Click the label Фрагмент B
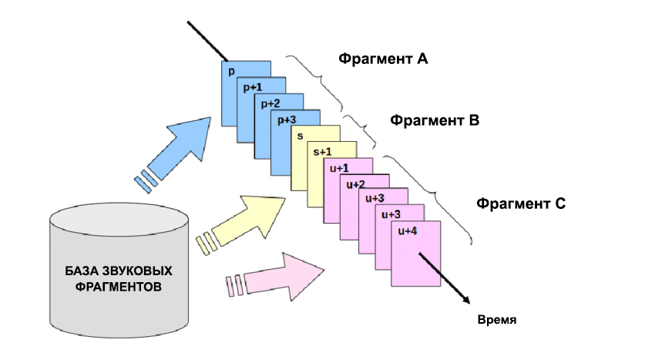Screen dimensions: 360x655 pyautogui.click(x=435, y=121)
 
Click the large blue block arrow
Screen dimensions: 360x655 pyautogui.click(x=181, y=150)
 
